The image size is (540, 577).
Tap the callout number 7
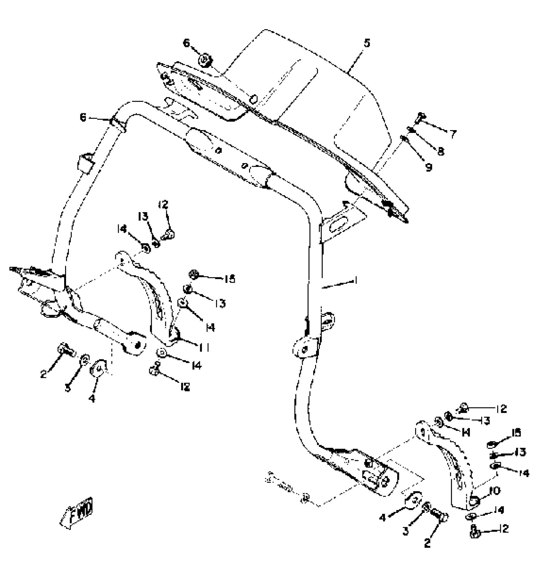pyautogui.click(x=452, y=134)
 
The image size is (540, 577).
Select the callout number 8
pyautogui.click(x=440, y=151)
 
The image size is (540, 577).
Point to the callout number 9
pyautogui.click(x=429, y=167)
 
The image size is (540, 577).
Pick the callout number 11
pyautogui.click(x=204, y=348)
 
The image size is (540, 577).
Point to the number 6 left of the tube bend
pyautogui.click(x=83, y=117)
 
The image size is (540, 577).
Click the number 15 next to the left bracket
pyautogui.click(x=229, y=279)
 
